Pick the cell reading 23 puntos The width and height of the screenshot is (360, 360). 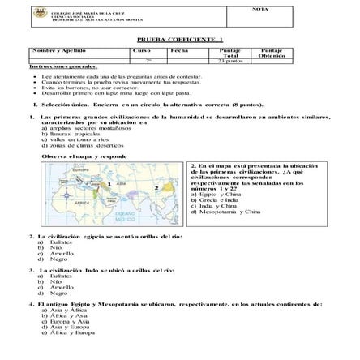(x=229, y=60)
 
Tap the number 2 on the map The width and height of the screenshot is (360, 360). (x=155, y=188)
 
